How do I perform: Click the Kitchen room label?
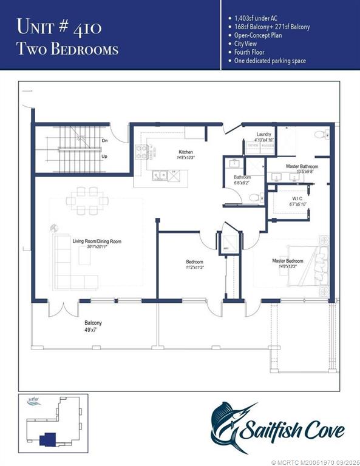185,152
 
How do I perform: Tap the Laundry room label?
263,134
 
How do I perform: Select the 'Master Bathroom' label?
293,166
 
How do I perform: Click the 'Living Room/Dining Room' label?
97,241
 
